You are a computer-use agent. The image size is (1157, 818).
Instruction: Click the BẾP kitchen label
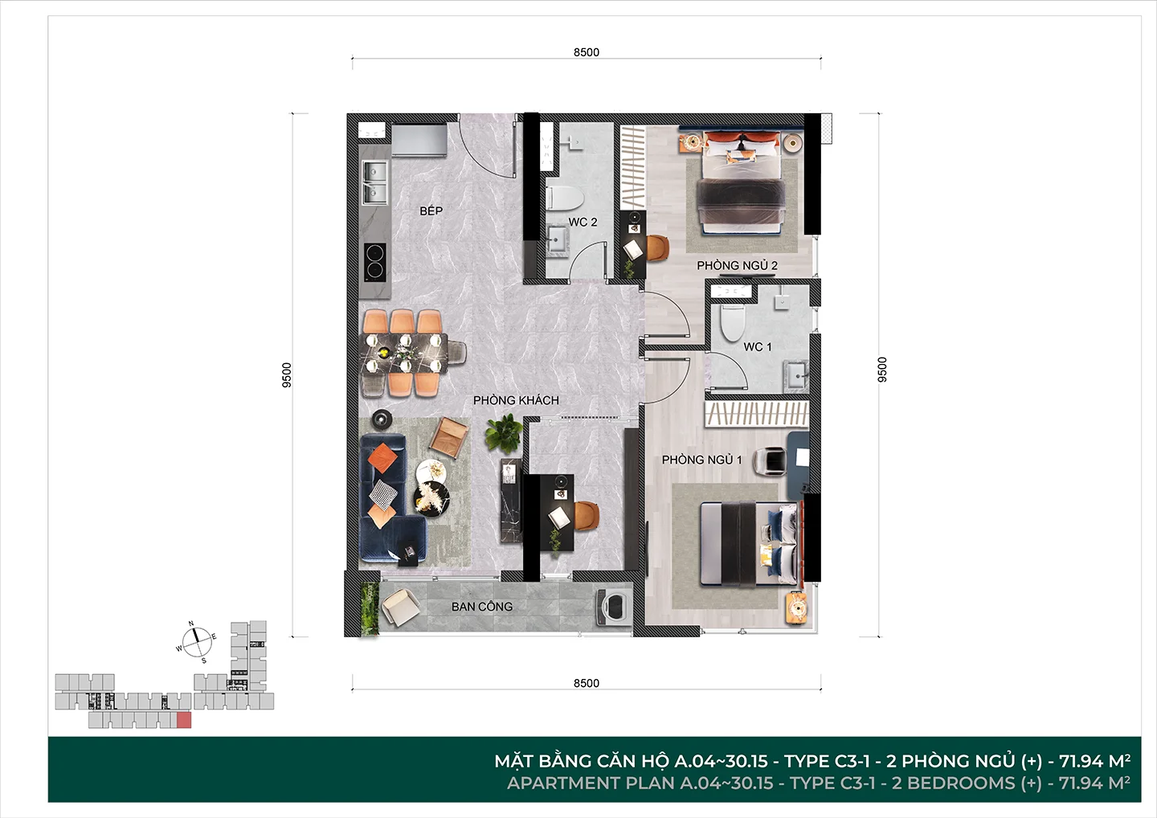click(431, 211)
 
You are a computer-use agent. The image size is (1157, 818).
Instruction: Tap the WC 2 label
click(583, 222)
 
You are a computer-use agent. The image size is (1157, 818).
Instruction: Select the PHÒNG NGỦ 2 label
click(737, 265)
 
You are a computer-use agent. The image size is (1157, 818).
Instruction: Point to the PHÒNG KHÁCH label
click(516, 400)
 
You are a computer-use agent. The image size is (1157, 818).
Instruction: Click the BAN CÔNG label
click(482, 607)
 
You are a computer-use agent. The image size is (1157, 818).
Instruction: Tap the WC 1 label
click(758, 347)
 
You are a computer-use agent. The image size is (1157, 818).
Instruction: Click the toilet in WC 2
click(565, 198)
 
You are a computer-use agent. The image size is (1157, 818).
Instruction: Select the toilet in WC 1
click(733, 323)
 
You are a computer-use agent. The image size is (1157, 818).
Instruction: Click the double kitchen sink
click(375, 182)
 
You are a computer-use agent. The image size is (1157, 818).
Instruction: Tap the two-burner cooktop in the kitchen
click(375, 262)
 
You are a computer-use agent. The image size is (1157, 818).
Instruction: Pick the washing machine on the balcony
click(613, 607)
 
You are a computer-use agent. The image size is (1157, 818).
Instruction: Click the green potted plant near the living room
click(504, 434)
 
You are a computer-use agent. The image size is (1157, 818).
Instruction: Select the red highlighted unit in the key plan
click(184, 720)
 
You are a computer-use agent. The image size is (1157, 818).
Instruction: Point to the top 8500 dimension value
click(587, 52)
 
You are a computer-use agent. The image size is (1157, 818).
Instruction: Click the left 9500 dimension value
click(287, 375)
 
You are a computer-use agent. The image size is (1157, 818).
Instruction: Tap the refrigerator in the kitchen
click(419, 140)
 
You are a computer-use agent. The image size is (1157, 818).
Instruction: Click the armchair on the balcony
click(400, 607)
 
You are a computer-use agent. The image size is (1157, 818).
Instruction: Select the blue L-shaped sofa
click(390, 498)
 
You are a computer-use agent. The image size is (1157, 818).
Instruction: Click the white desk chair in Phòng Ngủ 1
click(770, 461)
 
